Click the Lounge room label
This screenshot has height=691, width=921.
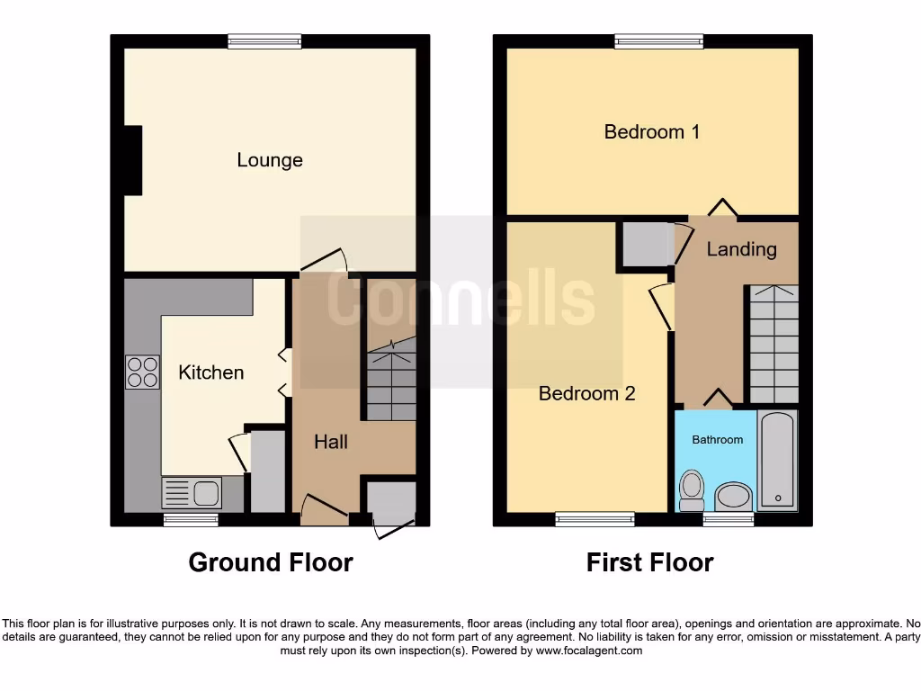[270, 160]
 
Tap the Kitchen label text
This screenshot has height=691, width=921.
[211, 372]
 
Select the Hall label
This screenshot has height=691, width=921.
[331, 442]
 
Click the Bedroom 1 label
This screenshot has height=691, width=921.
[652, 132]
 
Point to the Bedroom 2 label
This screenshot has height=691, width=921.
[587, 393]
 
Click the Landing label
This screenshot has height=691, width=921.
[741, 249]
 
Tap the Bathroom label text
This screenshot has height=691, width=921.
[718, 440]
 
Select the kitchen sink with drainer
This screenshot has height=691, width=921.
[192, 493]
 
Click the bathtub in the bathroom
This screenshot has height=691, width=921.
[777, 461]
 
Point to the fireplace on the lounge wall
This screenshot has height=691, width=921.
[132, 160]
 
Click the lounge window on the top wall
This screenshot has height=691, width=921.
[264, 40]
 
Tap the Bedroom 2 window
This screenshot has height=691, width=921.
[595, 518]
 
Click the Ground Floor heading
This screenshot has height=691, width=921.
[271, 563]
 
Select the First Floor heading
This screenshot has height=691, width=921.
[650, 563]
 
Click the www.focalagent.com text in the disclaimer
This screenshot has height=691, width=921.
[590, 651]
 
